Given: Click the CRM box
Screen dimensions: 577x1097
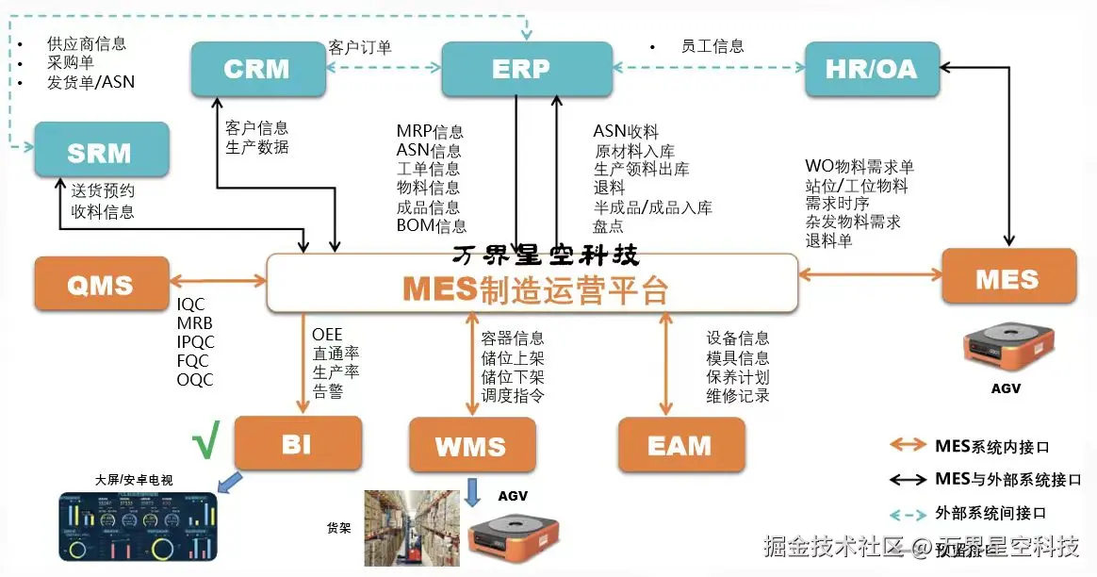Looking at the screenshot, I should point(258,69).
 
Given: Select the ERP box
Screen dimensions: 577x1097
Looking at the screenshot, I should point(521,69).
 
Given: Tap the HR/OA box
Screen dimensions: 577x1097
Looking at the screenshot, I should point(872,69).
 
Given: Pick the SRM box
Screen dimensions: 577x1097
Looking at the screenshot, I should point(101,151).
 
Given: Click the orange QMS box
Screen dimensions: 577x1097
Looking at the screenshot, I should point(101,283).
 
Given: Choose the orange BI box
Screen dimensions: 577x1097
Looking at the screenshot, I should point(297,442).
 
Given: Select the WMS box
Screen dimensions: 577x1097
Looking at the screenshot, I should point(471,445).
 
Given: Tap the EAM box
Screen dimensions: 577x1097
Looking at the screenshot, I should point(680,444).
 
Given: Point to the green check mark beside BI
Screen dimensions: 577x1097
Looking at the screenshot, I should point(205,440).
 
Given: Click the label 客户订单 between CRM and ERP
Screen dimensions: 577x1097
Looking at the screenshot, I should point(360,46).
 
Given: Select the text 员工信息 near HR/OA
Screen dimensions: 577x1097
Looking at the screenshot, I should point(712,45).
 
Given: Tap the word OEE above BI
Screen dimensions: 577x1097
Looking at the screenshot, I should point(327,335).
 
